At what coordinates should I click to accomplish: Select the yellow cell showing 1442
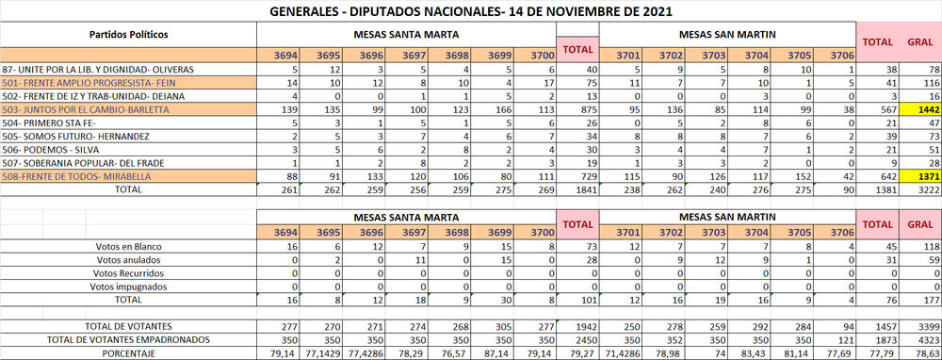(x=920, y=110)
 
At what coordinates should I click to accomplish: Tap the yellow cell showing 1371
(x=920, y=177)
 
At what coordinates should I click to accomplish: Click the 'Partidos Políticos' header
(x=129, y=34)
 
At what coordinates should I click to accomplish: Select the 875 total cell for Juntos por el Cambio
(x=576, y=110)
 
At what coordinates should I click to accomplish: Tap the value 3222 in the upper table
(x=920, y=189)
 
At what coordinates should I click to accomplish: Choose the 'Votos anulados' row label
(x=129, y=259)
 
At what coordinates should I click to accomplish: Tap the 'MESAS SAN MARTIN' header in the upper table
(x=728, y=34)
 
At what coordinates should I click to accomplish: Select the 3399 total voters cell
(x=920, y=324)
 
